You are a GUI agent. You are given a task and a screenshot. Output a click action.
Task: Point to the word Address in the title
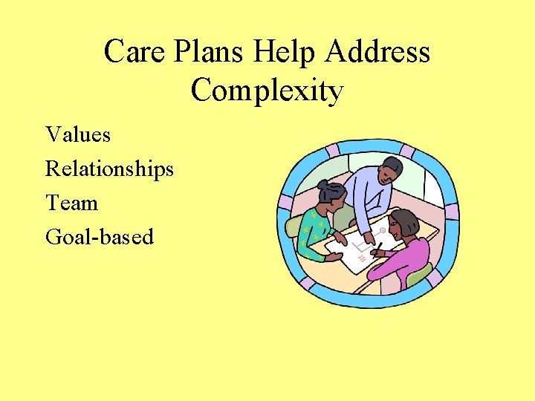tap(377, 52)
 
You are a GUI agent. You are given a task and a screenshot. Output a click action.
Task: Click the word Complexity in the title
tap(267, 91)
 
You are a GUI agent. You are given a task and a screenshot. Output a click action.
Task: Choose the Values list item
tap(78, 134)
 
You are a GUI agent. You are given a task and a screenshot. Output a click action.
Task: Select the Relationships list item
tap(109, 169)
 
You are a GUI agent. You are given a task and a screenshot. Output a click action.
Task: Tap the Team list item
tap(71, 203)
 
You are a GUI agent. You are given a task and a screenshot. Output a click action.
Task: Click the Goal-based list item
tap(100, 237)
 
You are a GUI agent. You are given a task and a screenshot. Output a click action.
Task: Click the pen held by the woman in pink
tap(378, 247)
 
